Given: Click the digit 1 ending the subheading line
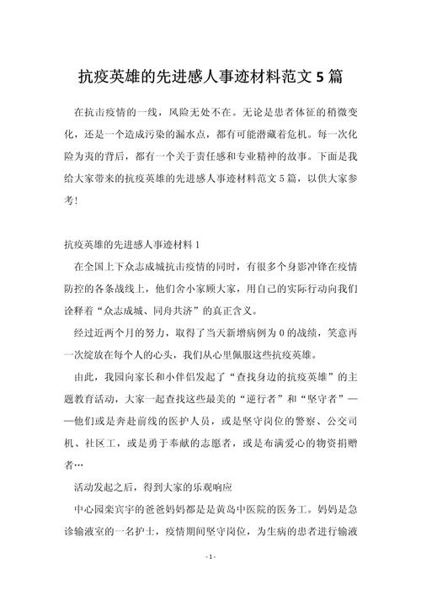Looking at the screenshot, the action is [x=196, y=245].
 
